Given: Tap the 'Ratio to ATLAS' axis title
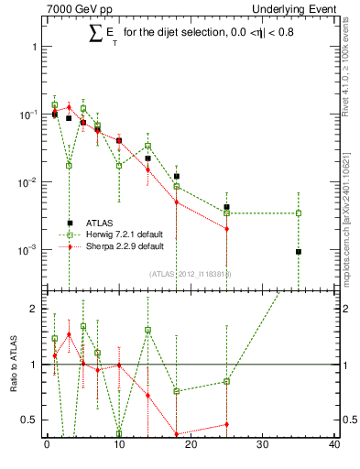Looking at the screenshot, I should (15, 364).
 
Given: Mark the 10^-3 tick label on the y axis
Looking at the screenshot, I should (27, 250).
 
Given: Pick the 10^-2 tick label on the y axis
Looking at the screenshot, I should (27, 182).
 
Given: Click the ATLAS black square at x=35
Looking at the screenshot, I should (299, 252).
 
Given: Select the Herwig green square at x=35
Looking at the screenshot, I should (299, 213).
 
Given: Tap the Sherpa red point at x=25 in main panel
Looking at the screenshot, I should (226, 229).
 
